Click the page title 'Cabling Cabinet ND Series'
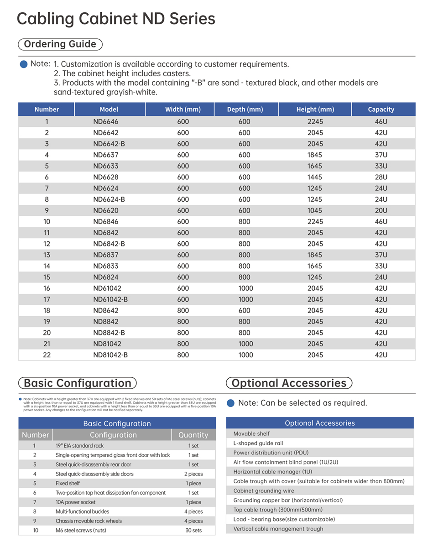tap(116, 19)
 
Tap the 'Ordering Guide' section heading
tap(60, 44)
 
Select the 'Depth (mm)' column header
tap(245, 110)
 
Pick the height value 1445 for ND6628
tap(315, 177)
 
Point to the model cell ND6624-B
tap(109, 199)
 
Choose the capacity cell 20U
tap(381, 210)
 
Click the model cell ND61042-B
tap(110, 299)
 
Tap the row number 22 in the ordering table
tap(47, 355)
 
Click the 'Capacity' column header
tap(381, 110)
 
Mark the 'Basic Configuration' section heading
tap(77, 383)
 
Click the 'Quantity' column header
tap(193, 435)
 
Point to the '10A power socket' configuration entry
tap(75, 502)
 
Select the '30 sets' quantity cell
tap(193, 530)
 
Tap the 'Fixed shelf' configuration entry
tap(68, 483)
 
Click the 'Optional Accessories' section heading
tap(289, 383)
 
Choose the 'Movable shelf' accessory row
tap(251, 433)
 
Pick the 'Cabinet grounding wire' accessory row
tap(263, 490)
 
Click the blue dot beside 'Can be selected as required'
tap(231, 403)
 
